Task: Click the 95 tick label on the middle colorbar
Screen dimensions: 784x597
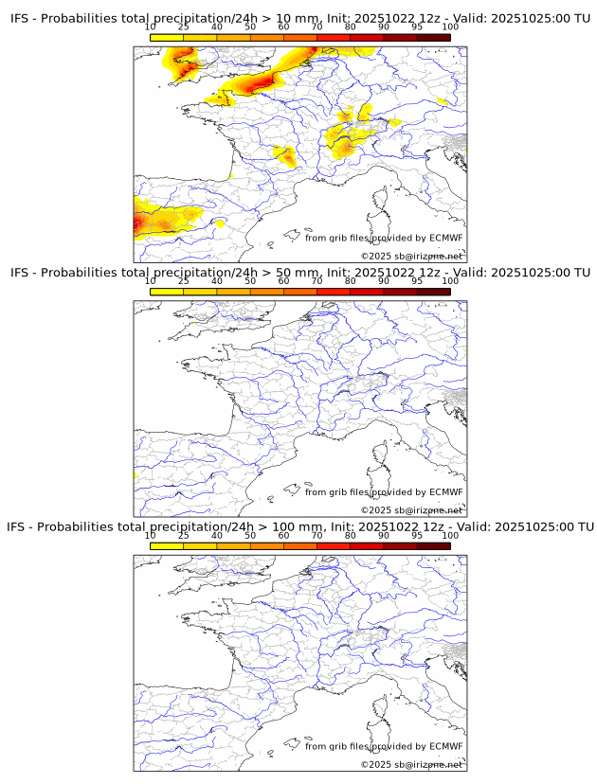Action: click(x=417, y=281)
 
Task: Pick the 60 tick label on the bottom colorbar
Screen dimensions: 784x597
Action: click(x=283, y=535)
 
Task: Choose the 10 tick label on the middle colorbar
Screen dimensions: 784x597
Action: click(x=150, y=281)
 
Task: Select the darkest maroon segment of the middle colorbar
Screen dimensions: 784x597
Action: click(x=433, y=292)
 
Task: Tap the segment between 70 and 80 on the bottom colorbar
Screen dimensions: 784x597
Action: click(x=333, y=545)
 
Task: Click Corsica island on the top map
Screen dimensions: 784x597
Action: click(x=382, y=201)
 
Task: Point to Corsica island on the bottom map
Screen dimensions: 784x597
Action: click(x=382, y=710)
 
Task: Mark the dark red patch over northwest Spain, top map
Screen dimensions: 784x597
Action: click(x=139, y=223)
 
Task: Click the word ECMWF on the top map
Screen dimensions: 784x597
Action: click(x=446, y=238)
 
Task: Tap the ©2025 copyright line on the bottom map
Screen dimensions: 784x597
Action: click(x=411, y=764)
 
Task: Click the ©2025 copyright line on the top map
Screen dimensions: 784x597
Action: click(x=411, y=256)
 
